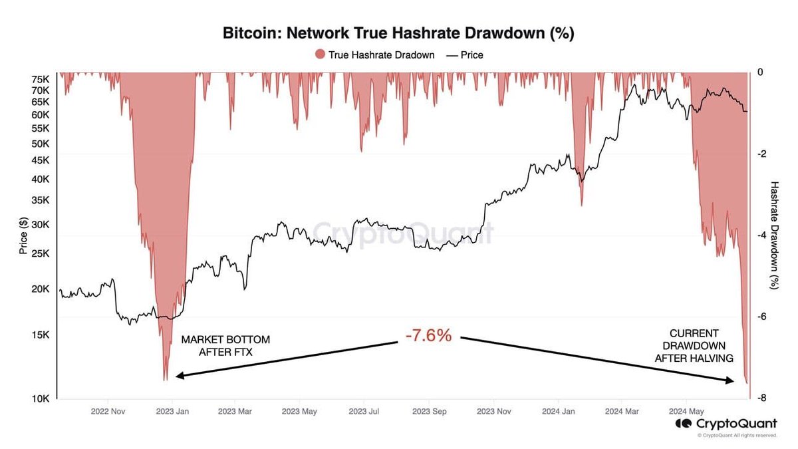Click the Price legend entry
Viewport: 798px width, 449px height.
(x=465, y=55)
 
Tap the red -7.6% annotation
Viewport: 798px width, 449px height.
(x=428, y=336)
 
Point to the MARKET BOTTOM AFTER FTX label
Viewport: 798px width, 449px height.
(x=225, y=346)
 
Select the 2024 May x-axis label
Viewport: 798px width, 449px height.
(x=687, y=412)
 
